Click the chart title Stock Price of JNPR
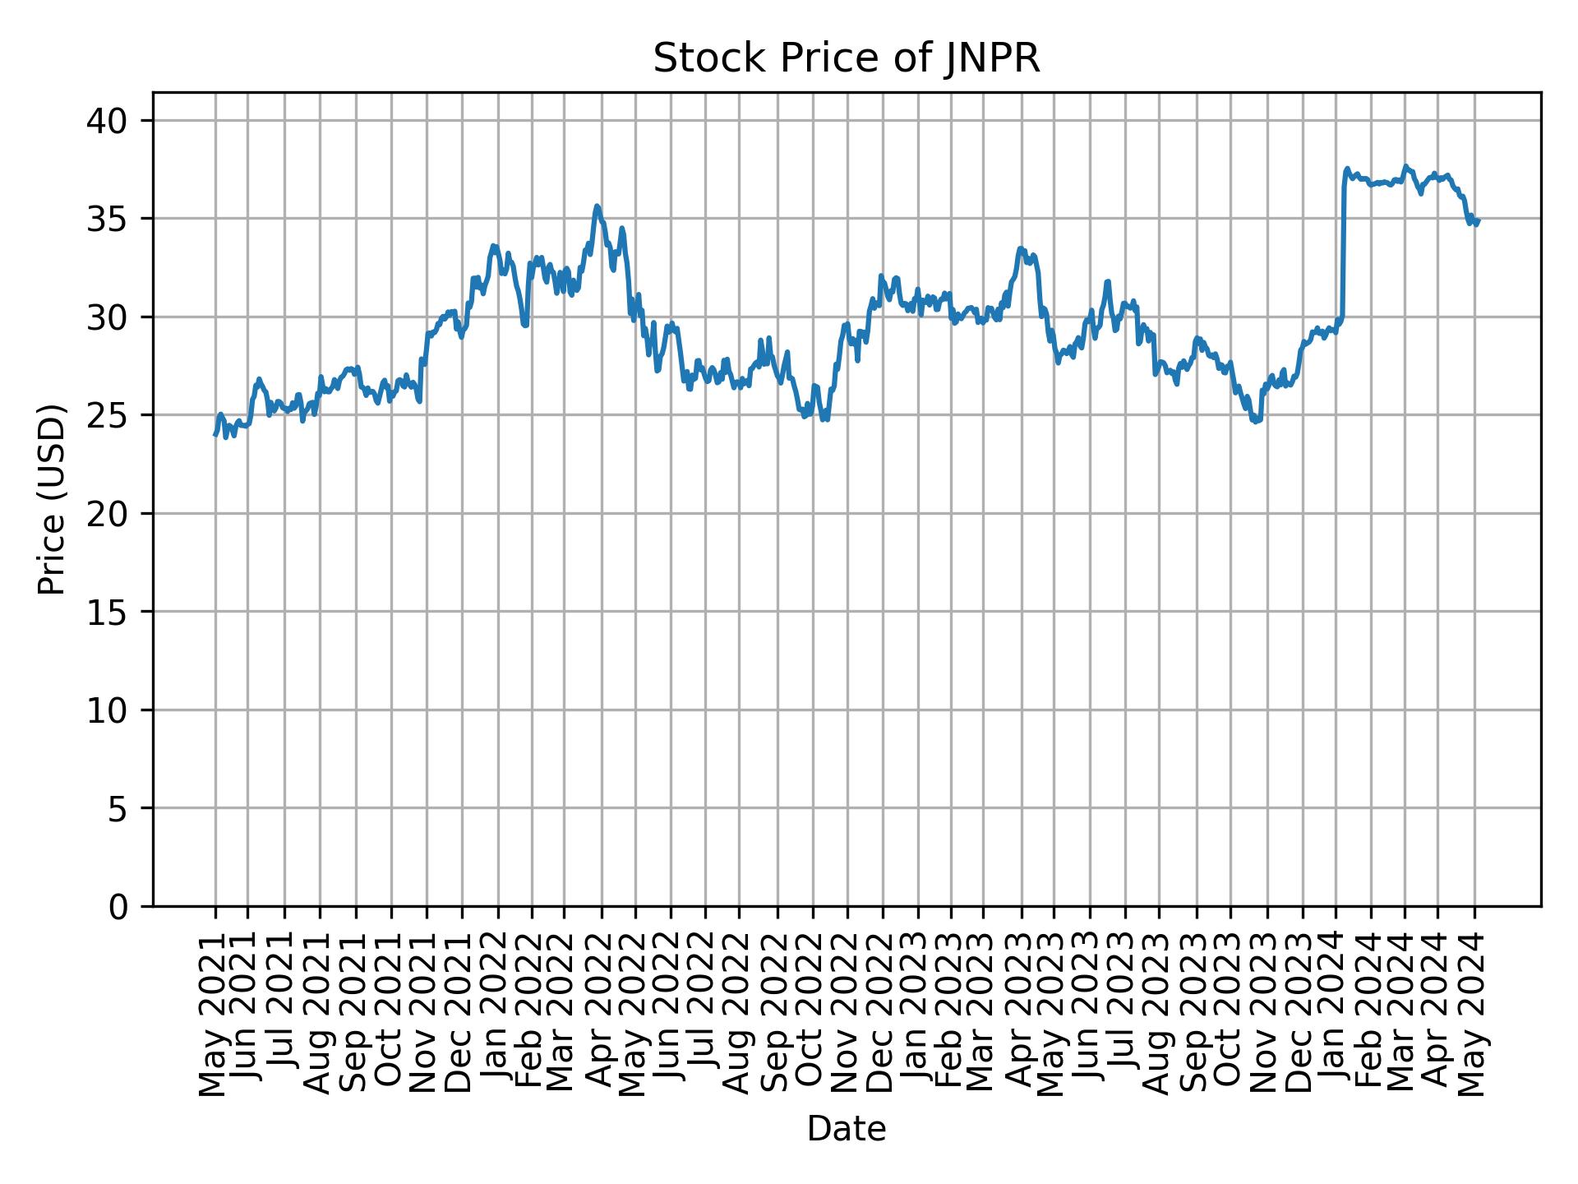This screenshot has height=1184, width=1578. point(846,59)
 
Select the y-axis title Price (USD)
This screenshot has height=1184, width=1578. point(52,499)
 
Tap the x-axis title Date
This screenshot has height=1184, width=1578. point(846,1129)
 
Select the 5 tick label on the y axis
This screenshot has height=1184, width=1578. point(119,808)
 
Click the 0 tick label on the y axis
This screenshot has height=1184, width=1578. point(119,906)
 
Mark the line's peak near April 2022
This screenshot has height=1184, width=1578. point(598,206)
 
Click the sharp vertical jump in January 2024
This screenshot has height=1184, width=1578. point(1343,247)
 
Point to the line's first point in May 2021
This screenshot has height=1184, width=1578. point(215,434)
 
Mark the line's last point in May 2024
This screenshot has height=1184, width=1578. point(1478,220)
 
